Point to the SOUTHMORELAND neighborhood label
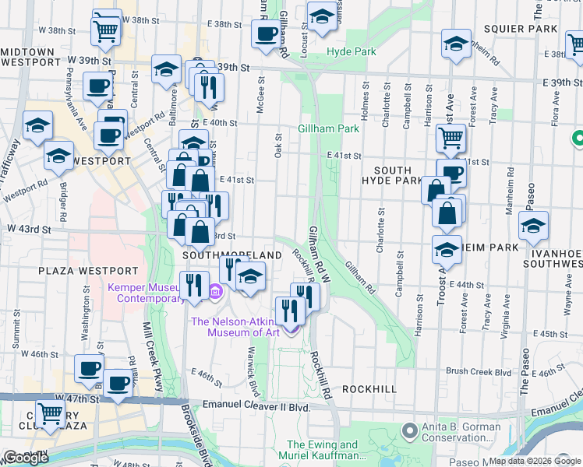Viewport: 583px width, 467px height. pyautogui.click(x=232, y=255)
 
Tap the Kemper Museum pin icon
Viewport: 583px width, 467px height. pyautogui.click(x=216, y=293)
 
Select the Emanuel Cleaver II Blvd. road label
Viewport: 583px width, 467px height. pyautogui.click(x=256, y=406)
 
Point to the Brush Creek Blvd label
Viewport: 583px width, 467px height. pyautogui.click(x=479, y=372)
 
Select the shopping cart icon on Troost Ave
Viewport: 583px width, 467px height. pyautogui.click(x=451, y=139)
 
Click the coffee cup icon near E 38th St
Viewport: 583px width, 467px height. pyautogui.click(x=267, y=33)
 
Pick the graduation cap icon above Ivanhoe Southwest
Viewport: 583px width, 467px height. pyautogui.click(x=533, y=226)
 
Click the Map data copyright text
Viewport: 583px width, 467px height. pyautogui.click(x=535, y=461)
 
